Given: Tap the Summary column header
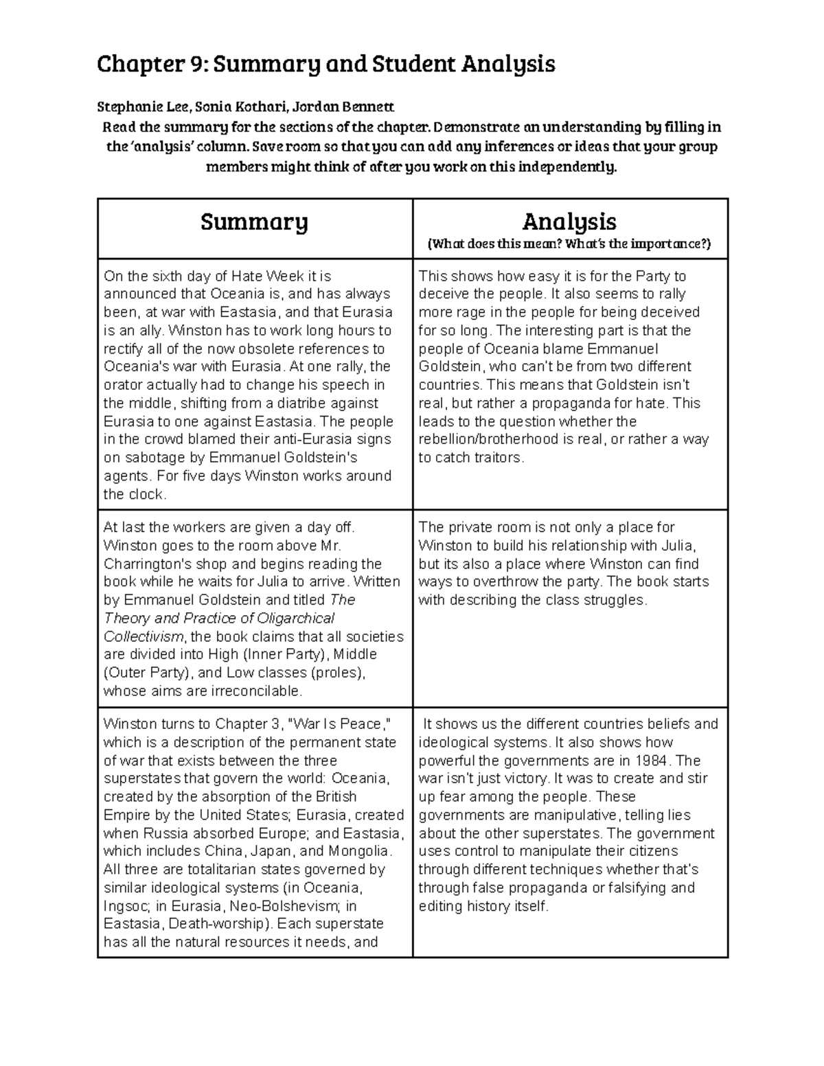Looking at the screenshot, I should tap(254, 222).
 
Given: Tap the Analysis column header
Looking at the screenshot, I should tap(569, 221).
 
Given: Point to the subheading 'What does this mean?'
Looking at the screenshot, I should tap(488, 244).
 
